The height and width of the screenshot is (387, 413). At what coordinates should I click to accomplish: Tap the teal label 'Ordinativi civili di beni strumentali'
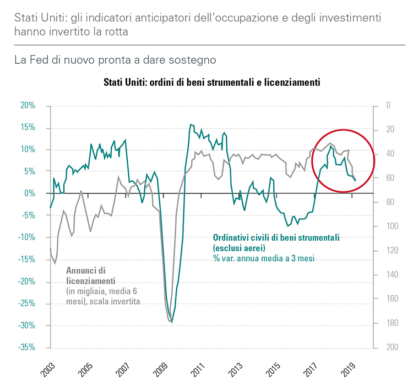[276, 237]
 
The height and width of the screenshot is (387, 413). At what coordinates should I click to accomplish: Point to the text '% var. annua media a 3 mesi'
[264, 258]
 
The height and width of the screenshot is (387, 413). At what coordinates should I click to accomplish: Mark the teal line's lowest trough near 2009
[172, 322]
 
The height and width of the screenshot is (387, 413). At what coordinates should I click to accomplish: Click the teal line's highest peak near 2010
[191, 124]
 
